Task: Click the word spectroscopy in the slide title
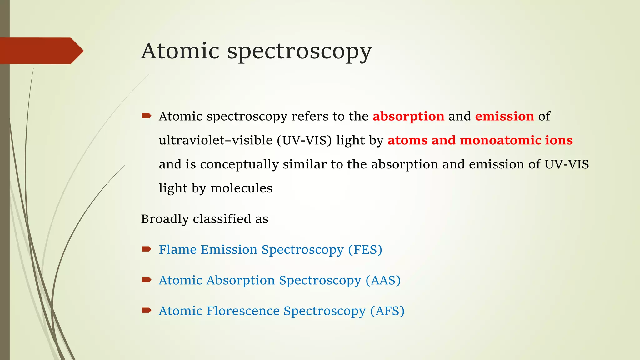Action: [x=299, y=52]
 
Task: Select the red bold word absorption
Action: [x=408, y=117]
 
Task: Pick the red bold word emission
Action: [x=504, y=116]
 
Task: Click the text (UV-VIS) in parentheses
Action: [x=304, y=140]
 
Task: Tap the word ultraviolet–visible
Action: [x=216, y=140]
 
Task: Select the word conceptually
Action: [x=239, y=165]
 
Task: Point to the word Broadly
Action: [x=165, y=219]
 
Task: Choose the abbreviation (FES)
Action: [x=365, y=250]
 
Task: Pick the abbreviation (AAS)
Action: [x=383, y=280]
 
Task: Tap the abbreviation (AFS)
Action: [x=387, y=311]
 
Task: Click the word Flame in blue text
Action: [x=177, y=250]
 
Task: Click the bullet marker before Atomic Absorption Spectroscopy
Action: [x=146, y=280]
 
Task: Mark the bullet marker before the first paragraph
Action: [x=146, y=116]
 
